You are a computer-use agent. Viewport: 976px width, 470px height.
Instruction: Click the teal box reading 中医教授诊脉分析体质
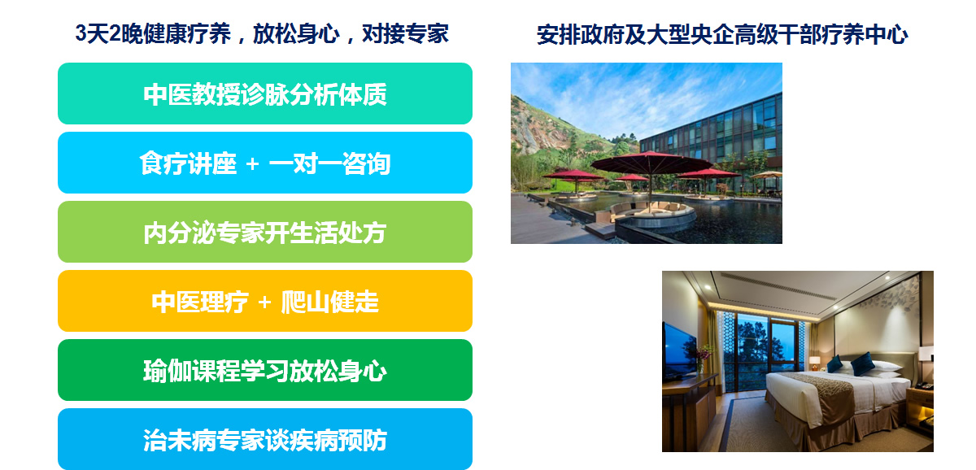coord(265,94)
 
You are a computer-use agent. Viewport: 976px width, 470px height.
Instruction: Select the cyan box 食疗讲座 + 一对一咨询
coord(265,163)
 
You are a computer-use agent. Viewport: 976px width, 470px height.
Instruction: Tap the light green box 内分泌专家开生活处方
coord(265,232)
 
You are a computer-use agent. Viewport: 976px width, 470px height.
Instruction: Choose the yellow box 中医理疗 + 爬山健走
coord(265,301)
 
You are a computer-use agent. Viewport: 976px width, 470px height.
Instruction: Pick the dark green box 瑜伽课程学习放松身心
coord(265,370)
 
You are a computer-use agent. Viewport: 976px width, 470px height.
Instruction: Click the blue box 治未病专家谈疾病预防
coord(265,439)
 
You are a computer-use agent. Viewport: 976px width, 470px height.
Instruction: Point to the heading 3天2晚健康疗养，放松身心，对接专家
coord(262,33)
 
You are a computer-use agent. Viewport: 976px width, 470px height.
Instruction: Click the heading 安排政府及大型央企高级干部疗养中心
coord(722,35)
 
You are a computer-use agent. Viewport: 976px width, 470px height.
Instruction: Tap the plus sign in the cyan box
coord(252,164)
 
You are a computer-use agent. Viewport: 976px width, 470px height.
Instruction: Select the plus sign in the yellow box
coord(264,302)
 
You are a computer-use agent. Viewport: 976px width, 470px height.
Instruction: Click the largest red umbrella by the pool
coord(651,163)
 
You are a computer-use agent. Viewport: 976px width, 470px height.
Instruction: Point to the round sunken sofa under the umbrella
coord(650,211)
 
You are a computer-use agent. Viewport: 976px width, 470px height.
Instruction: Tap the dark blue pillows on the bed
coord(851,364)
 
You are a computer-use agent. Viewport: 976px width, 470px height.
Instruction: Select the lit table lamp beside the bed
coord(814,363)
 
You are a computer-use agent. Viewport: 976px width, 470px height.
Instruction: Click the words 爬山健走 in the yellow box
coord(330,302)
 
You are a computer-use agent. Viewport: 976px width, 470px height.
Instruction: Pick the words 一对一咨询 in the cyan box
coord(329,163)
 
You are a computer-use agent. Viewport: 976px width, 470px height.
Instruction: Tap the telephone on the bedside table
coord(924,385)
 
